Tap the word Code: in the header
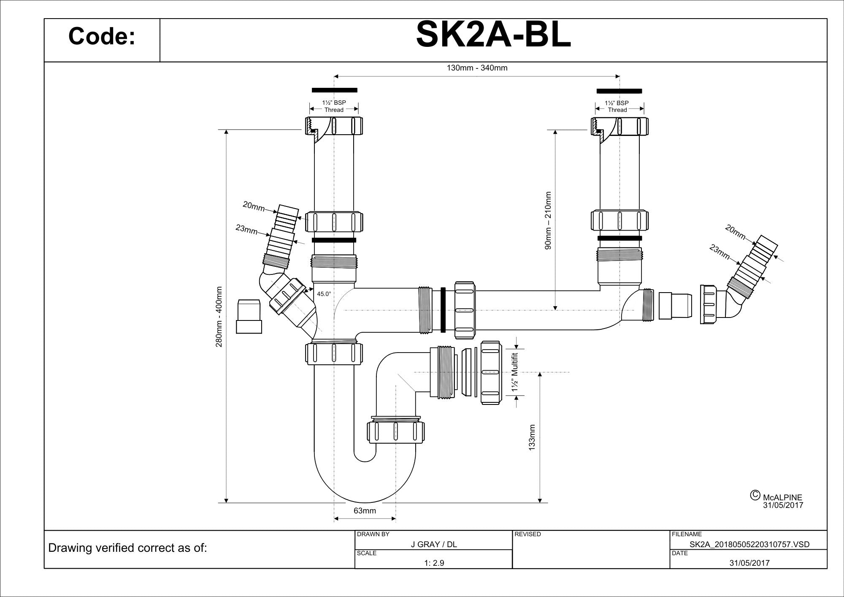point(102,36)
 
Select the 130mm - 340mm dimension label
point(477,68)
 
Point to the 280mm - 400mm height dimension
point(219,317)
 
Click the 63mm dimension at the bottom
point(365,511)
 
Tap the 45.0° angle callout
point(324,294)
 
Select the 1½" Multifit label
point(515,372)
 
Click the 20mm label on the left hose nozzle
point(254,206)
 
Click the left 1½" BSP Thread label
point(334,106)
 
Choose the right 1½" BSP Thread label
point(617,106)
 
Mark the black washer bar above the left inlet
point(334,90)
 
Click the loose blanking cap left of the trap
point(249,316)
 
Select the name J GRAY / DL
point(434,544)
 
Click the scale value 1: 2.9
point(434,563)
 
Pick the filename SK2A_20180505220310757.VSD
point(749,544)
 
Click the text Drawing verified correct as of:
point(128,548)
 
